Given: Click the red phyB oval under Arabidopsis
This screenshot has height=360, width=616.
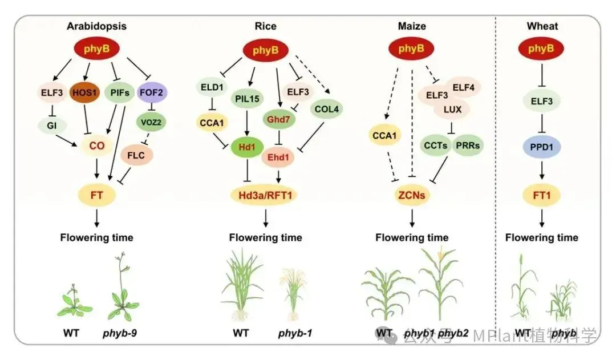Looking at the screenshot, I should [x=96, y=50].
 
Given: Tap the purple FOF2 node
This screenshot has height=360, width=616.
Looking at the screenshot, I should [x=152, y=90].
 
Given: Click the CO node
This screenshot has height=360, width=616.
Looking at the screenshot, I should [x=97, y=146].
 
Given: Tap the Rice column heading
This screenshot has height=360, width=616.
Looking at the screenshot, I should [x=265, y=26].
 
